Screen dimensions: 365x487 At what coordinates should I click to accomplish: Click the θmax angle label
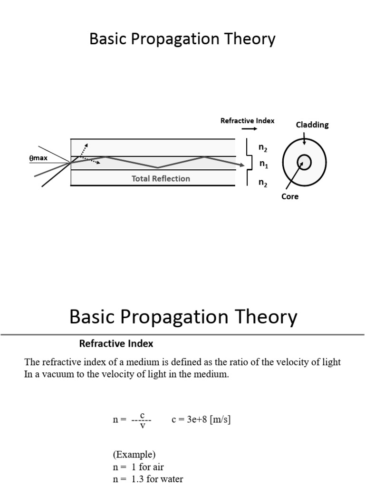point(38,158)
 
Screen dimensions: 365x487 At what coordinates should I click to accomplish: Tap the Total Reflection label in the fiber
point(161,179)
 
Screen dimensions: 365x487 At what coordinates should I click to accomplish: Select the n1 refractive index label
point(264,164)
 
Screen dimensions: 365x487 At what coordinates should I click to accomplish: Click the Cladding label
point(312,125)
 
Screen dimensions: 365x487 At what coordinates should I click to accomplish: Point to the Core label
point(290,196)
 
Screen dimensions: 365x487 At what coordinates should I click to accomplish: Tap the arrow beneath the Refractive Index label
point(249,128)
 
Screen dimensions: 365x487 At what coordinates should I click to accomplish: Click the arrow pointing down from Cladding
point(304,138)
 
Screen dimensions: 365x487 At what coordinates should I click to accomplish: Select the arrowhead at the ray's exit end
point(242,165)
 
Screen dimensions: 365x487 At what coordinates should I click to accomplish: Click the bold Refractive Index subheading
point(116,343)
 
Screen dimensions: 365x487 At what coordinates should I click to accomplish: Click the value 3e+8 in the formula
point(197,419)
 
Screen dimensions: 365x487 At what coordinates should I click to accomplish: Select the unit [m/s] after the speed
point(220,419)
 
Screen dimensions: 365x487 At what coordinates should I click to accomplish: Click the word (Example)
point(134,454)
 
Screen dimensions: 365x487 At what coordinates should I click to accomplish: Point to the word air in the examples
point(158,467)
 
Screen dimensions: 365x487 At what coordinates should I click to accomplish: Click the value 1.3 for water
point(137,479)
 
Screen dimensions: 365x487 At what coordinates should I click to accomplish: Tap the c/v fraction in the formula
point(142,420)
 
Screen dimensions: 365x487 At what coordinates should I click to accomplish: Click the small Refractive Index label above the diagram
point(247,120)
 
